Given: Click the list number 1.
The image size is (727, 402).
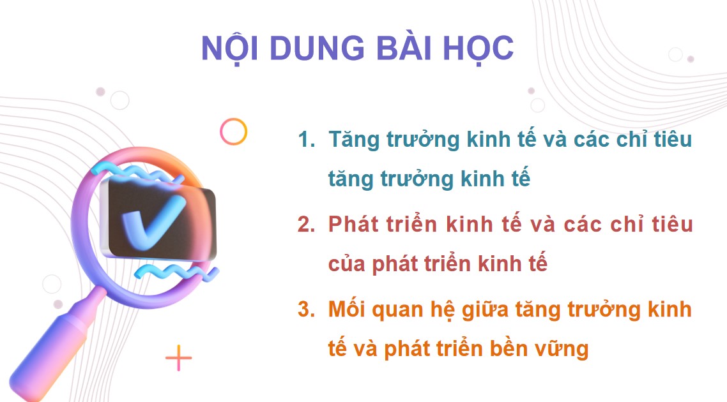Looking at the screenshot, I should [x=307, y=139].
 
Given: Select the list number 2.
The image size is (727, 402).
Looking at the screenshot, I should [x=307, y=225].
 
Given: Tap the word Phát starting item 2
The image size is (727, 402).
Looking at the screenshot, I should [x=355, y=225].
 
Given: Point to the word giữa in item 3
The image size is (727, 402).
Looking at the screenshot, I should [x=471, y=311].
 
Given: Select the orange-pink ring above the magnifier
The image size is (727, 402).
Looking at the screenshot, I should [x=233, y=131].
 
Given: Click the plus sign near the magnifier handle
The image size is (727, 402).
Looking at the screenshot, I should [x=178, y=359].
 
